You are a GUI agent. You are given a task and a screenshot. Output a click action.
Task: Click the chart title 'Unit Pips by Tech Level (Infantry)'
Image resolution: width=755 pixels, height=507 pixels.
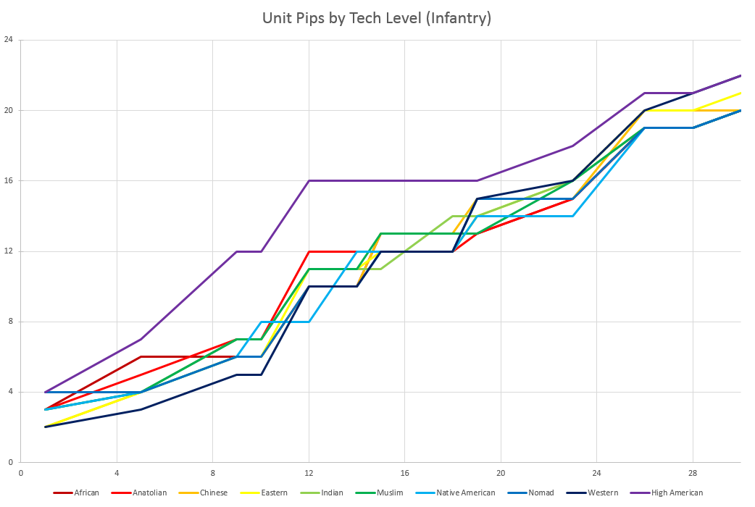(377, 17)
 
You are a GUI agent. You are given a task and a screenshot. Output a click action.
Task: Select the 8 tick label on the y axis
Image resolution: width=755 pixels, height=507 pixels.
(10, 322)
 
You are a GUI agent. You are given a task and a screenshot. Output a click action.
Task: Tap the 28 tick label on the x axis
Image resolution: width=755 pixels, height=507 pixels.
(692, 473)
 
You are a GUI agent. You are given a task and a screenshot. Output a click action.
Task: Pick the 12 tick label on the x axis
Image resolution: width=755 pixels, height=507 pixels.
(309, 473)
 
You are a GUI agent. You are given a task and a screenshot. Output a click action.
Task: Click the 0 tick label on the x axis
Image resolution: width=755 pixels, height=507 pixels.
(21, 473)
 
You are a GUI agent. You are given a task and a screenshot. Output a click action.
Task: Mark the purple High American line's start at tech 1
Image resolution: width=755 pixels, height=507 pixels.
(45, 392)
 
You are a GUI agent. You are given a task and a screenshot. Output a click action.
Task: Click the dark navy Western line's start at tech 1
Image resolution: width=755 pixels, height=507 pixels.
(45, 427)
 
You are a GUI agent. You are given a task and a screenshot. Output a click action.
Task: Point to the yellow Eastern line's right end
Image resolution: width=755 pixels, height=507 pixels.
(741, 93)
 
